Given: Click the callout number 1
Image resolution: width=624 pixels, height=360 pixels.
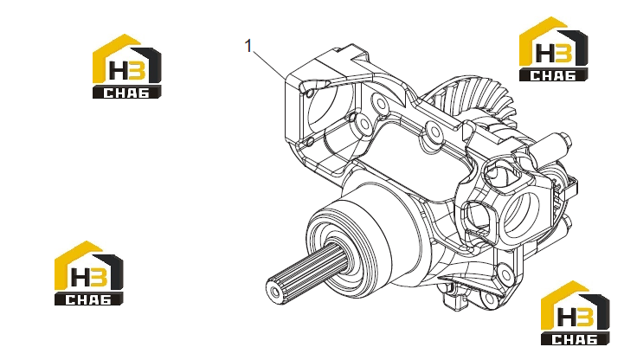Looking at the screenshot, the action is click(x=248, y=46).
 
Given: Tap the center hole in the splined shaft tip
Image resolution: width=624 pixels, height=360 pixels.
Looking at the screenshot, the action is click(x=275, y=292).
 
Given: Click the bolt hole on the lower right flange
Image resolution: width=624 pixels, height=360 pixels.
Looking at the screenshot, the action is click(x=504, y=273).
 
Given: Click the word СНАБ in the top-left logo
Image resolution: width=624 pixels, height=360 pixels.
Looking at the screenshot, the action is click(x=126, y=93).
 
